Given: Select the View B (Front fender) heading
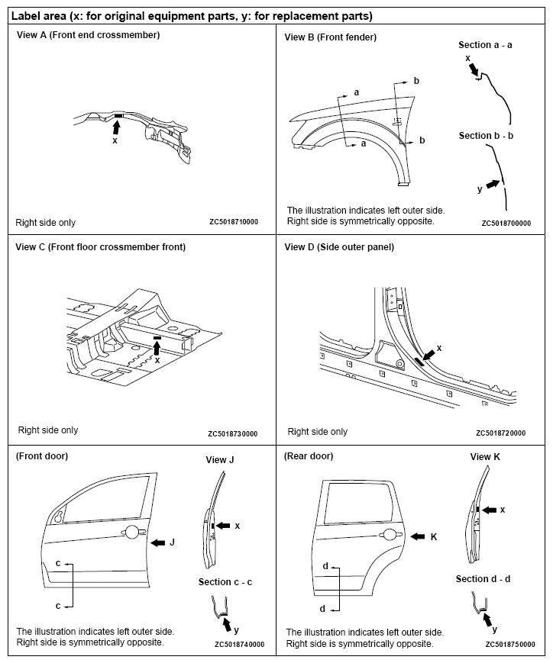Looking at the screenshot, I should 330,37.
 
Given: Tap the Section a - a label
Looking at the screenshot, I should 485,45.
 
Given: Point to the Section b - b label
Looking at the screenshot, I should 486,136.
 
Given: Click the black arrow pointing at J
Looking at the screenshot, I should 158,542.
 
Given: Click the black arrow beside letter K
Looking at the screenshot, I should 419,537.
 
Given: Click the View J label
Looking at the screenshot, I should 220,460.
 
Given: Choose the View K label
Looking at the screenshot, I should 485,457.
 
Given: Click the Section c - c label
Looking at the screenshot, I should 225,582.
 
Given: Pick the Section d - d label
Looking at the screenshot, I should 483,579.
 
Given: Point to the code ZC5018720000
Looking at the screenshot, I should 500,433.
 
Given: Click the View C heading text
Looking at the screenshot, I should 101,247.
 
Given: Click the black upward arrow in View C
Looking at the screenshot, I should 157,347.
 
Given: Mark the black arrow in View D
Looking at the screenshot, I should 428,353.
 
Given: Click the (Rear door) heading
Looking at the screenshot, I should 309,456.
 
